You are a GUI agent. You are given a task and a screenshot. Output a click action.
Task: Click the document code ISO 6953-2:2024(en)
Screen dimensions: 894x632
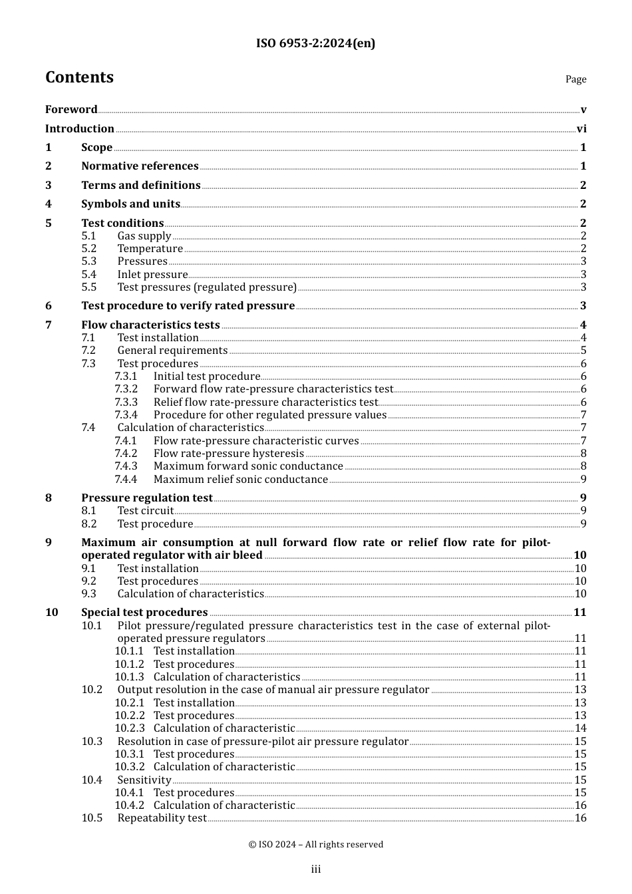[x=315, y=44]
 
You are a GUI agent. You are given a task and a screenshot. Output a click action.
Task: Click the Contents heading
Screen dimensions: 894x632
[x=79, y=78]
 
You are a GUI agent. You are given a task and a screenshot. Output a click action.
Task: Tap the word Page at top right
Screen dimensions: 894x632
[x=575, y=79]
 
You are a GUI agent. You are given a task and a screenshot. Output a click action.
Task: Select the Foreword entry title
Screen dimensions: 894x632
[x=71, y=110]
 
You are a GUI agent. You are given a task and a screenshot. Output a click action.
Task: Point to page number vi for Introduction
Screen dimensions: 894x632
[x=581, y=129]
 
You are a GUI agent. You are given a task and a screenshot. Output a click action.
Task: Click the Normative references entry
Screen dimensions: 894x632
[x=140, y=166]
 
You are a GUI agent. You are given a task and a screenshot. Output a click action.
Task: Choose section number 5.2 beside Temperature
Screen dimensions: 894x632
[x=89, y=249]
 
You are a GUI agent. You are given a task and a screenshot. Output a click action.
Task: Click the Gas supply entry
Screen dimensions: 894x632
[x=144, y=236]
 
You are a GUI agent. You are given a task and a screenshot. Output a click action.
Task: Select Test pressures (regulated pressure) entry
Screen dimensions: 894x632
[x=207, y=287]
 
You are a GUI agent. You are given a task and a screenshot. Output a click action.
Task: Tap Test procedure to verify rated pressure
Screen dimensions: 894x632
[x=188, y=306]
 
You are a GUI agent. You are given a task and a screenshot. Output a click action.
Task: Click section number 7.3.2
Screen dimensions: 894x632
[x=126, y=389]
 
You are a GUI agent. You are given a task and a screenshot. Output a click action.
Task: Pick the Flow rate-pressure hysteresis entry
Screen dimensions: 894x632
[x=229, y=454]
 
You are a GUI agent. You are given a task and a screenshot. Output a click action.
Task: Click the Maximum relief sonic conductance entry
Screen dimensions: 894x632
[x=241, y=480]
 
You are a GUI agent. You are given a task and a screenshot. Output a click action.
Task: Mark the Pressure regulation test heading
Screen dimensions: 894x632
[x=147, y=498]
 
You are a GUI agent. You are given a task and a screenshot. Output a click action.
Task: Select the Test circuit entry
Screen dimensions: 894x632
[x=146, y=511]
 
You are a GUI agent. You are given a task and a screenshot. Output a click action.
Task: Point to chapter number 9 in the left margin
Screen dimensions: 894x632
[x=49, y=543]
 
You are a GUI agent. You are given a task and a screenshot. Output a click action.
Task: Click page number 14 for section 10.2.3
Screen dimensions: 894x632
[x=580, y=728]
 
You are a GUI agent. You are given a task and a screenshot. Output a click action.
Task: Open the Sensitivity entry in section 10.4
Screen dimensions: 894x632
[x=144, y=780]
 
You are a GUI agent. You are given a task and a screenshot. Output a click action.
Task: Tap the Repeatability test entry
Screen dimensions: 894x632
[x=162, y=818]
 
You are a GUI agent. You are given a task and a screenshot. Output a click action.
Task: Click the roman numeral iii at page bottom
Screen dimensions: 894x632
[x=316, y=869]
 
